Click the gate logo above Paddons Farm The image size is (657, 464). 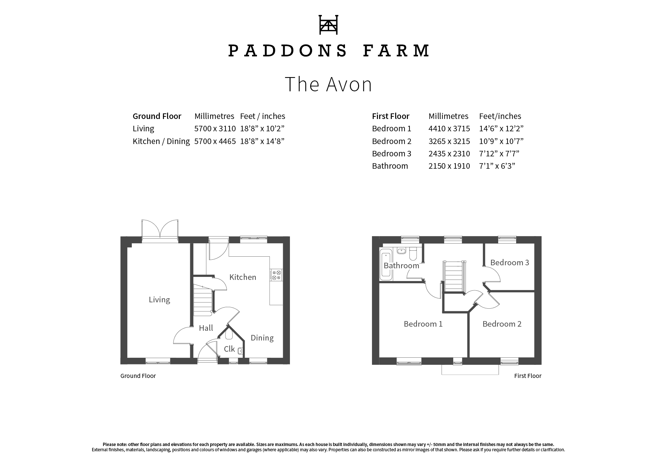coord(328,25)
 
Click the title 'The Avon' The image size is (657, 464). coord(328,84)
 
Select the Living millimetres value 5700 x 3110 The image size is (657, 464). coord(215,128)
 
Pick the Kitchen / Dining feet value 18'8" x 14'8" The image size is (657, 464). coord(262,141)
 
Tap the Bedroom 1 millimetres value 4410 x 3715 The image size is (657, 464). coord(449,128)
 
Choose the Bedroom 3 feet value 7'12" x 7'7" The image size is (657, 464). coord(499,153)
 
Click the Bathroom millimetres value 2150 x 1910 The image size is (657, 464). coord(449,166)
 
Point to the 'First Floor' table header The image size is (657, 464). coord(391,116)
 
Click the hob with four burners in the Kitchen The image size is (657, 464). coord(276,275)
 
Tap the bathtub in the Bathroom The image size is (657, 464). coord(385,266)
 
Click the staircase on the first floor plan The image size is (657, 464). coord(454,276)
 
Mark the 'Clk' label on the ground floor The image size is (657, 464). coord(229,349)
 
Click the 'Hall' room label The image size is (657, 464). coord(206,328)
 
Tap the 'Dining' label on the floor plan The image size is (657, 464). coord(262,338)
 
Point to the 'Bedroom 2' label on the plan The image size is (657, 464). coord(502,324)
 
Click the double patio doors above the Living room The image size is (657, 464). coord(160,229)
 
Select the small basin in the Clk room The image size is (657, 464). coord(240,351)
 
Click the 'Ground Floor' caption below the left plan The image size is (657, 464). coord(138,376)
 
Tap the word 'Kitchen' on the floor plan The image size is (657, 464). coord(243,277)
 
